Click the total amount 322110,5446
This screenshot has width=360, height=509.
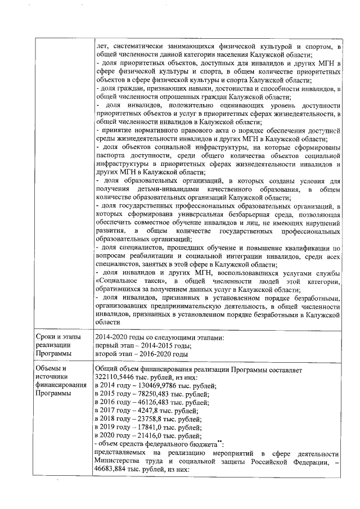(x=115, y=377)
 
